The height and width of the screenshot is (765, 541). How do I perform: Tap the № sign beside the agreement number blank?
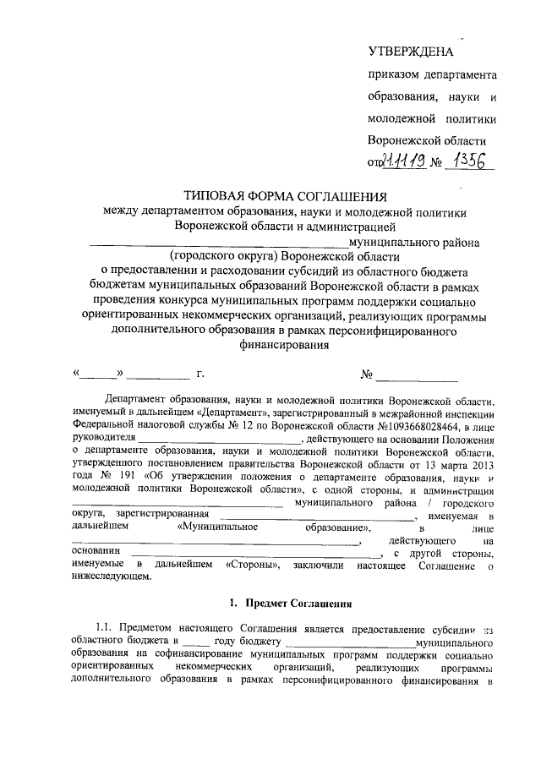(368, 373)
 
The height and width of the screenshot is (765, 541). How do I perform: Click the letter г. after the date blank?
(200, 373)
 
